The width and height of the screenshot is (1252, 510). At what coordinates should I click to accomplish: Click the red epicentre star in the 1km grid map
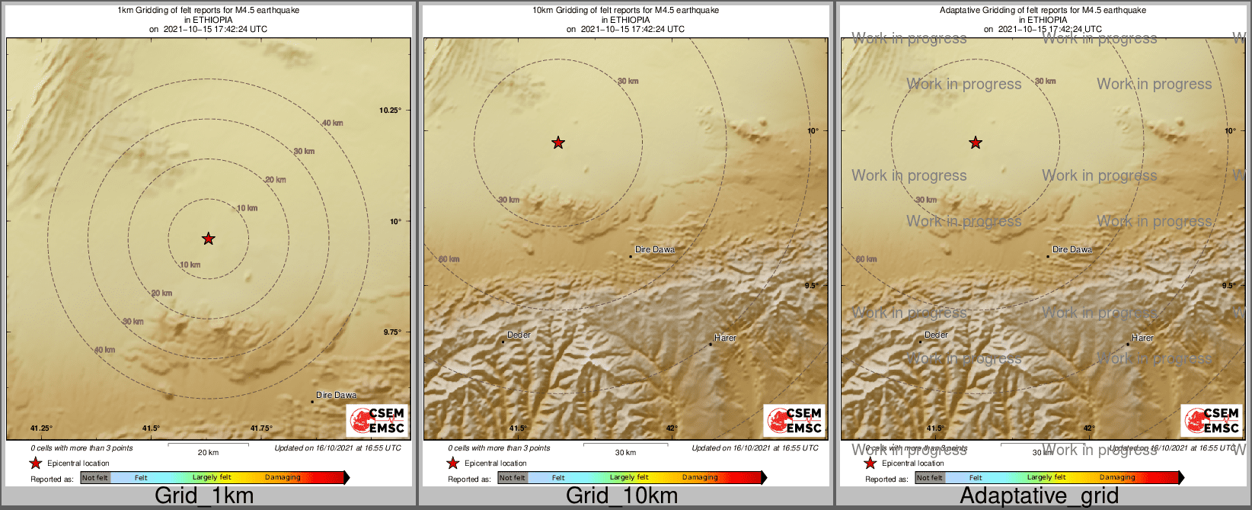click(x=208, y=239)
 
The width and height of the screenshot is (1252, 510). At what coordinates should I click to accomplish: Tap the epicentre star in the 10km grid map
click(x=558, y=143)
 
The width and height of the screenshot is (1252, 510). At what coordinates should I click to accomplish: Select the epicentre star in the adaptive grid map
click(x=975, y=143)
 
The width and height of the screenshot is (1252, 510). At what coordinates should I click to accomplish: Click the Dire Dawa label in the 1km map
click(x=336, y=395)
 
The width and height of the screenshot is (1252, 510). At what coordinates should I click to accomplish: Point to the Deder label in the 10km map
click(x=519, y=335)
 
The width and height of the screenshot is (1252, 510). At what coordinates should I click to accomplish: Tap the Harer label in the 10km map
click(x=725, y=338)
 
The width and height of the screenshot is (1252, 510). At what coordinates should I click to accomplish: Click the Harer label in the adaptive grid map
click(x=1142, y=338)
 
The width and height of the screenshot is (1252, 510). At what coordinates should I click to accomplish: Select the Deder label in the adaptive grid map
click(x=936, y=335)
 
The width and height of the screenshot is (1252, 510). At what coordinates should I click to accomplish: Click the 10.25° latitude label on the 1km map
click(x=390, y=111)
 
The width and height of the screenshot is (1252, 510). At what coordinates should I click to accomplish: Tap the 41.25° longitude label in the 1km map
click(x=41, y=428)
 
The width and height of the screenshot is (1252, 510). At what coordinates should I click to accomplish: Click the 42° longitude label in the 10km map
click(x=672, y=428)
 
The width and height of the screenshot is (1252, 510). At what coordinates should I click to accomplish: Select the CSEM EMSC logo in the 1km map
click(x=378, y=421)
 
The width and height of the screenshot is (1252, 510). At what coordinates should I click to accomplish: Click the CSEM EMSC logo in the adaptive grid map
click(x=1211, y=421)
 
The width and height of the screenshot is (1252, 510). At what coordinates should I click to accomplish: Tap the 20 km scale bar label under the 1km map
click(x=208, y=452)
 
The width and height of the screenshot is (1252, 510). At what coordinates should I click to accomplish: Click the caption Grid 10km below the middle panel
click(x=621, y=496)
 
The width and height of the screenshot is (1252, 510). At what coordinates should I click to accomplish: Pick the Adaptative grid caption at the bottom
click(x=1039, y=496)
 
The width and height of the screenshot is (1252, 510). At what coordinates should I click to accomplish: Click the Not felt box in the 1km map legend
click(x=95, y=478)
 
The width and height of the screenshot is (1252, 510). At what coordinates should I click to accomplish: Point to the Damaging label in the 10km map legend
click(x=700, y=478)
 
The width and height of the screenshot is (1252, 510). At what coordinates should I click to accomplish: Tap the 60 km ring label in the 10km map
click(x=449, y=259)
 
